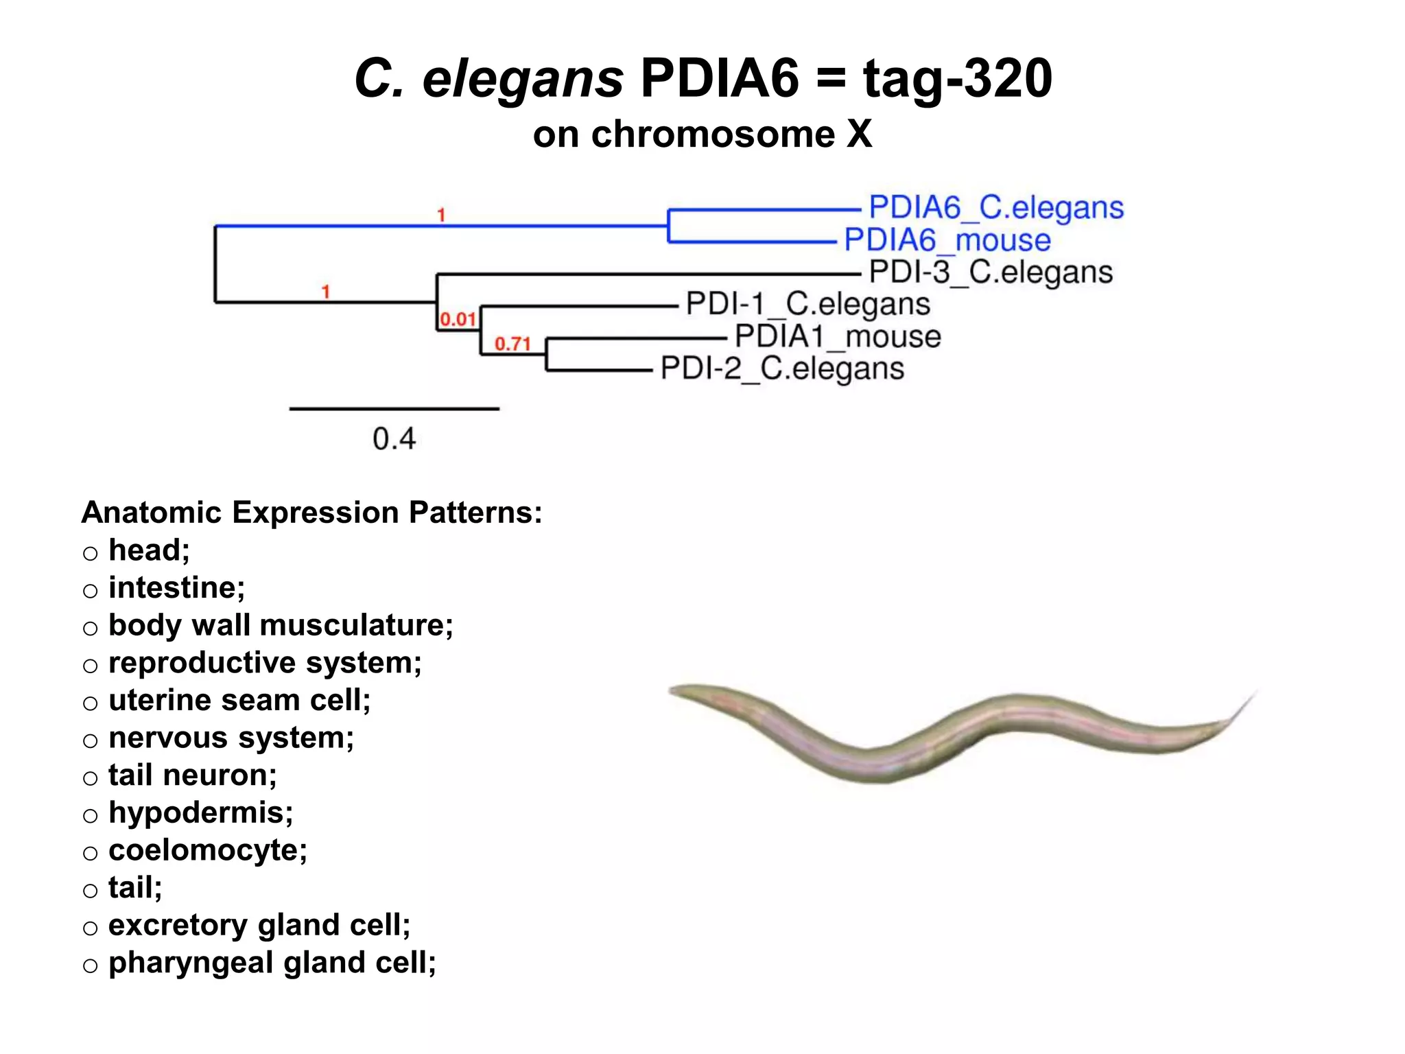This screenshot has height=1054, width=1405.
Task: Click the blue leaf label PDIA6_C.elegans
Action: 996,207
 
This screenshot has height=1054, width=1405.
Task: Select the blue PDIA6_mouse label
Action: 947,240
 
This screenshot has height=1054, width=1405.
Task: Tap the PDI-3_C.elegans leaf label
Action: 991,272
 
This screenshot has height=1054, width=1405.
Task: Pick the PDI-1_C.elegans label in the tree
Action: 808,304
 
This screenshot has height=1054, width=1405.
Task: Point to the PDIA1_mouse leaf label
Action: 838,336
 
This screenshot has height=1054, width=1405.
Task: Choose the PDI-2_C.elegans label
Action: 782,368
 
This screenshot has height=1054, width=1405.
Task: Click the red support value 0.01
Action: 458,319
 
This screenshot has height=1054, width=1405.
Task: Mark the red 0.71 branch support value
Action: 512,344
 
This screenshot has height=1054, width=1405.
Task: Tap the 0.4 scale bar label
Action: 394,438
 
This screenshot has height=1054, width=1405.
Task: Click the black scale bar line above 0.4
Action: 394,409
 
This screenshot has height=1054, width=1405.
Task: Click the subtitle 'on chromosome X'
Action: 702,134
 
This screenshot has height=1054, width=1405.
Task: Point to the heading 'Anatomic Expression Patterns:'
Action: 311,513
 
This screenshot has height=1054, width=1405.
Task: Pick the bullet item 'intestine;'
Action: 176,588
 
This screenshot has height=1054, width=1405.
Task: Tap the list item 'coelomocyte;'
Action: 208,850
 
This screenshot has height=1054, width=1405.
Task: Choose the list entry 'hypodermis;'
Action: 200,813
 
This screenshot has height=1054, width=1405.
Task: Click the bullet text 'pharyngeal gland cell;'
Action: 272,963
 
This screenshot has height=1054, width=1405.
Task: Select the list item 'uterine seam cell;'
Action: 239,701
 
